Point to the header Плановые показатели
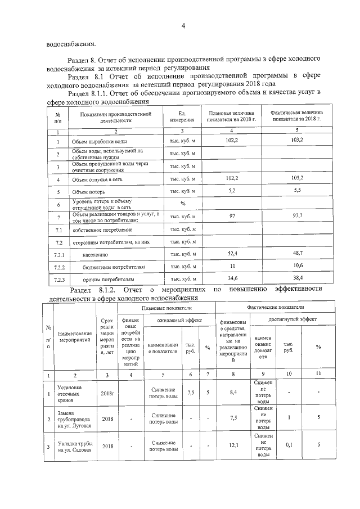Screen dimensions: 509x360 tap(166, 308)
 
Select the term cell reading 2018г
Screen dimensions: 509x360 tap(108, 391)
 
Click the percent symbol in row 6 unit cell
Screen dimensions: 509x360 tap(183, 204)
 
